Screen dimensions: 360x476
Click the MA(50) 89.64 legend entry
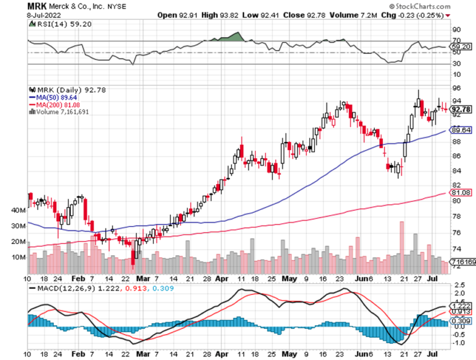(x=51, y=97)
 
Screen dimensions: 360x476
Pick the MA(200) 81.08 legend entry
(x=53, y=105)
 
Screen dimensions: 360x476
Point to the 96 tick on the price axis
(x=456, y=87)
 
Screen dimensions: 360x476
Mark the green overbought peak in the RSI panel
(x=233, y=37)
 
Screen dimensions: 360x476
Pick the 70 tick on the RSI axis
(x=456, y=41)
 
